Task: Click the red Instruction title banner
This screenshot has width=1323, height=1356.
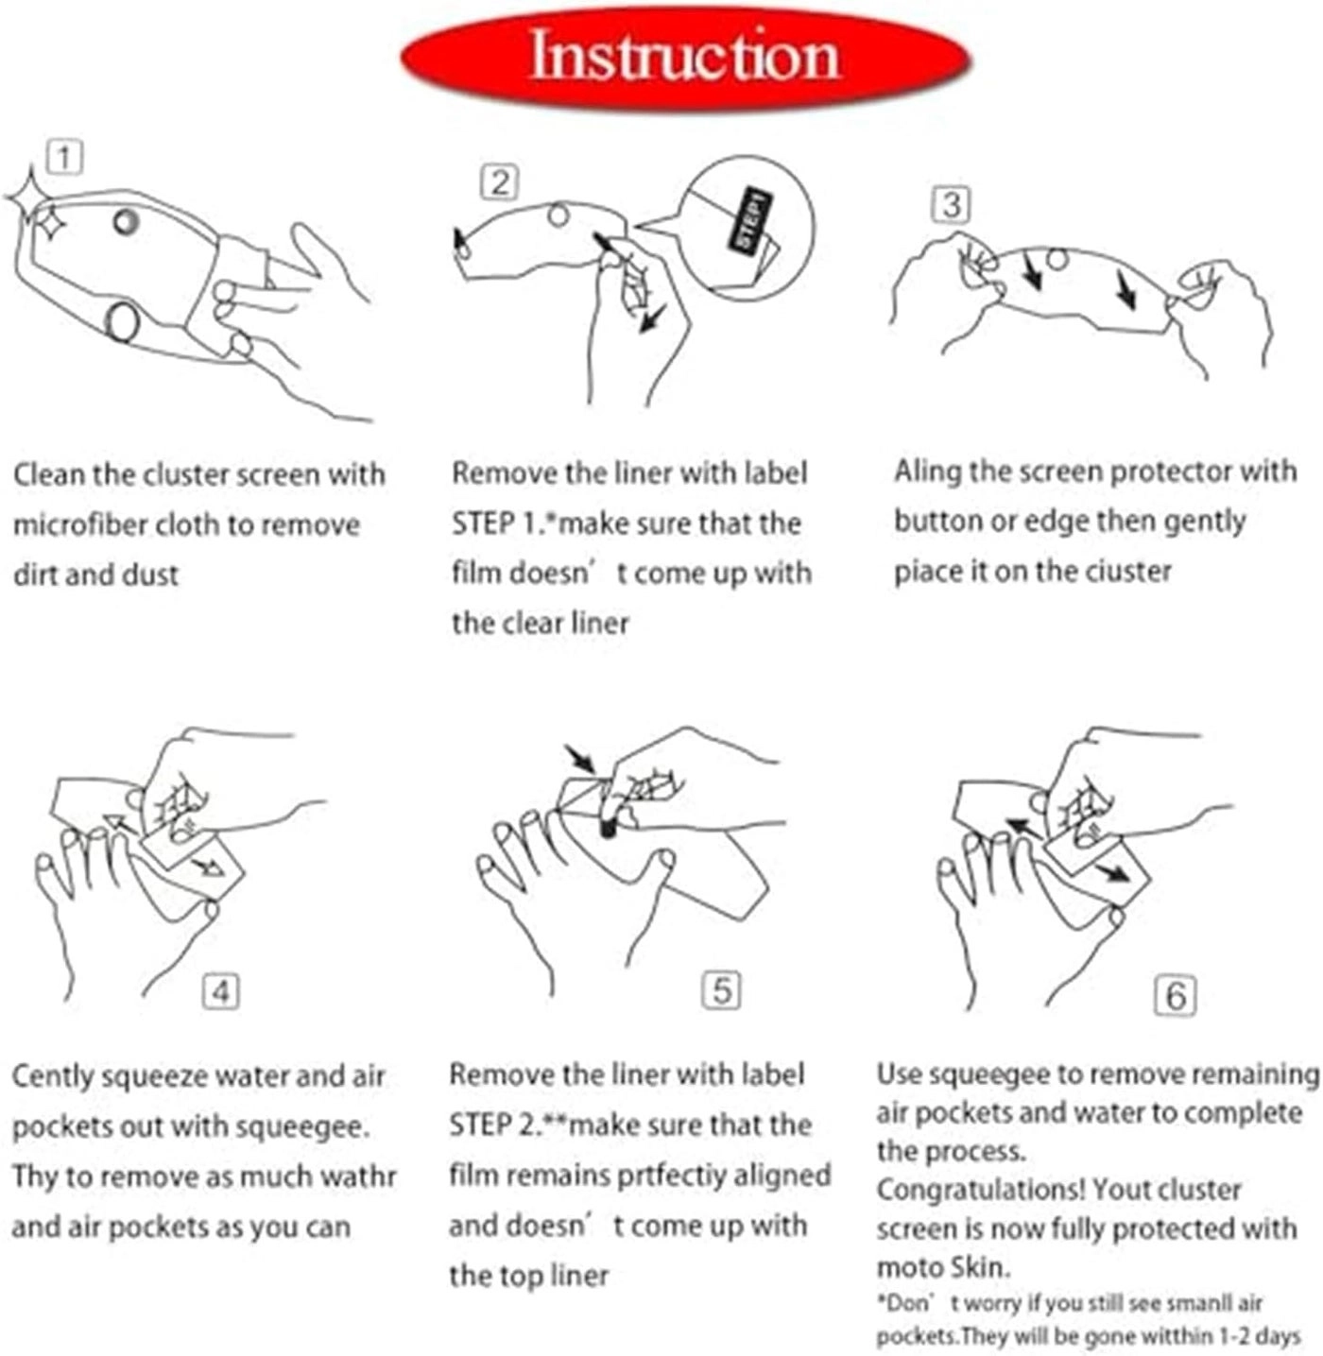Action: point(686,58)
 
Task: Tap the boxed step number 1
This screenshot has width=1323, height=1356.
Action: point(64,158)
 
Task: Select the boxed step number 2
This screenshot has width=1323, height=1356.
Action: point(500,183)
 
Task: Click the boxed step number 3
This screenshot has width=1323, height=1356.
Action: point(952,205)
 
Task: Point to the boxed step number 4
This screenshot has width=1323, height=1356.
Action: point(221,991)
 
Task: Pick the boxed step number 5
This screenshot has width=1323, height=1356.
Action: point(721,990)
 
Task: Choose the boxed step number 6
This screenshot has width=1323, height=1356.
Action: point(1176,996)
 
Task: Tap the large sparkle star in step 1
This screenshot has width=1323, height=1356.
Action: point(29,197)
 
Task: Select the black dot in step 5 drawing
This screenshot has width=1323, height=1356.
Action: point(609,831)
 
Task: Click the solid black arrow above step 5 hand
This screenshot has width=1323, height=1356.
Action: point(580,759)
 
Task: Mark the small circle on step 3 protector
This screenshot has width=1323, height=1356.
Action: point(1057,260)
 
